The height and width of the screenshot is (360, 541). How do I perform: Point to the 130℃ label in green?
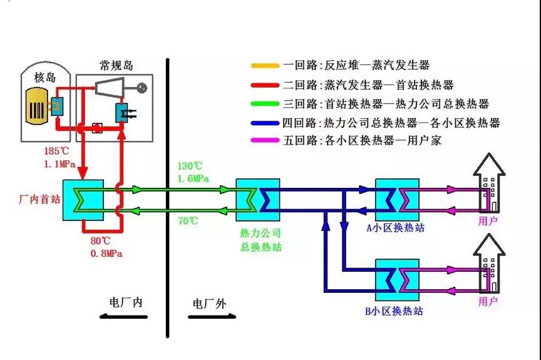coord(190,166)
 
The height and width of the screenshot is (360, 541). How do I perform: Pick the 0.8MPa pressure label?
coord(105,254)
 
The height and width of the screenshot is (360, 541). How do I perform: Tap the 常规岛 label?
coord(116,66)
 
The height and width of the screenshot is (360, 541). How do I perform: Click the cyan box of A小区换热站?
coord(397,199)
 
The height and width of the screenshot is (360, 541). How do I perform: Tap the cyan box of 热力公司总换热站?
coord(257,199)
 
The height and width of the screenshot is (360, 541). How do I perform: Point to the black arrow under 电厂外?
coord(210,317)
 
